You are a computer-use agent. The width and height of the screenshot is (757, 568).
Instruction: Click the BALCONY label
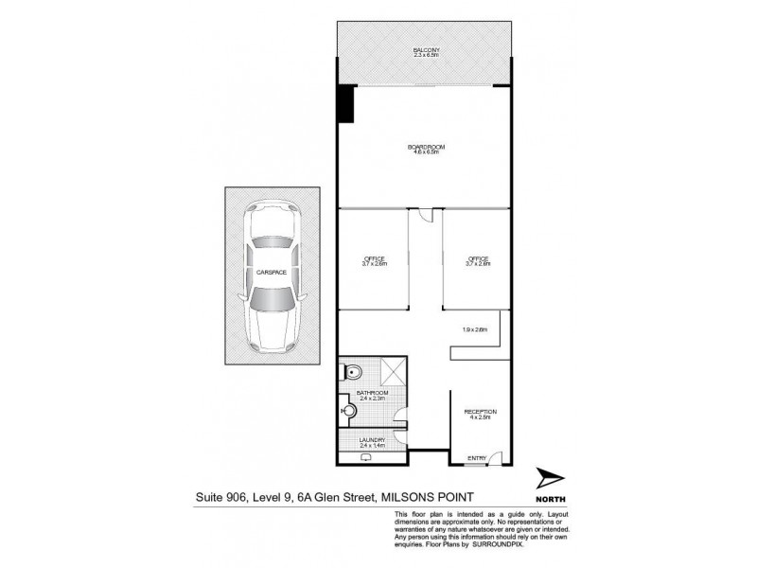(x=426, y=51)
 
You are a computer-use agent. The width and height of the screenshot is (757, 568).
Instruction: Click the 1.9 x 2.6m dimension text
(x=474, y=329)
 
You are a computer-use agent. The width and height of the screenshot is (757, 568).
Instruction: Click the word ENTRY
(x=478, y=459)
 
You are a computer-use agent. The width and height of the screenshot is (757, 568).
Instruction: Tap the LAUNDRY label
(x=373, y=440)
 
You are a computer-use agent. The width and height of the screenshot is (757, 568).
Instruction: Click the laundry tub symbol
(x=365, y=457)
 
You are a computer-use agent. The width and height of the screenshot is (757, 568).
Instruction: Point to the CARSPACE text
(x=271, y=272)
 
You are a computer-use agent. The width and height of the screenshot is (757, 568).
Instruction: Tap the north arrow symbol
(x=552, y=481)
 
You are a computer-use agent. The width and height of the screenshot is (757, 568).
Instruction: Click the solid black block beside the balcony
(x=346, y=103)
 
